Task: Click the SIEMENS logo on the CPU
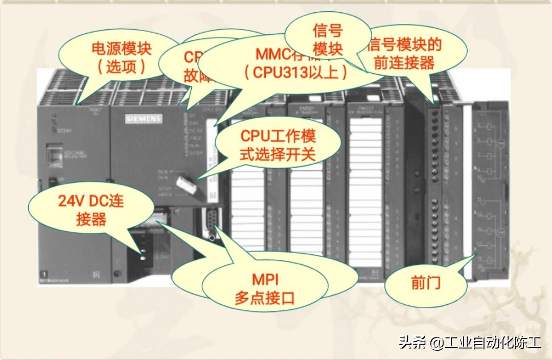[x=144, y=119]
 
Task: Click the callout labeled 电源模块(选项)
[x=122, y=57]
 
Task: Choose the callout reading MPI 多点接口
[x=265, y=288]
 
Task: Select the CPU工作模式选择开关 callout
[x=278, y=145]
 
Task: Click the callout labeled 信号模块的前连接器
[x=406, y=53]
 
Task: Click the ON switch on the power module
[x=53, y=181]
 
